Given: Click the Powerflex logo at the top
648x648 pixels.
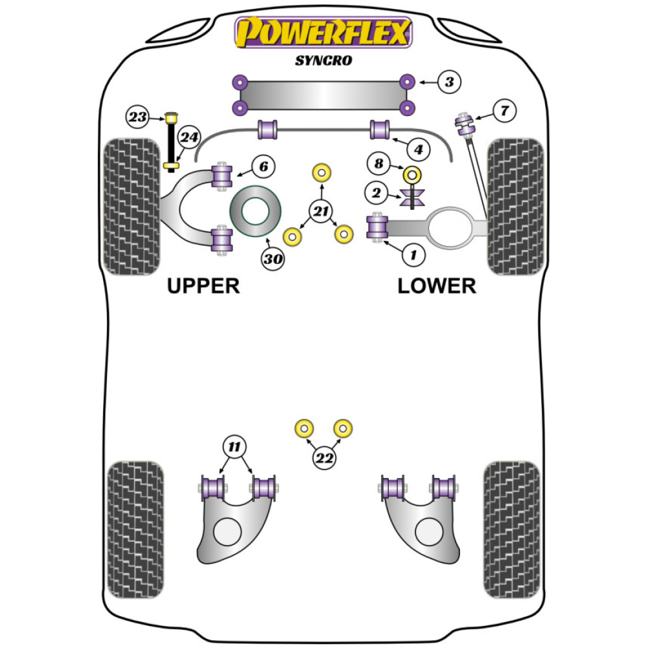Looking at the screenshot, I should click(323, 32).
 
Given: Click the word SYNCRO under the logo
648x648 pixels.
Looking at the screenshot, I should click(323, 61).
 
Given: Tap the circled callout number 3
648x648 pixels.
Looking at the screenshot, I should click(448, 82).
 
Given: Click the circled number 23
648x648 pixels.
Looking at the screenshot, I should click(137, 117).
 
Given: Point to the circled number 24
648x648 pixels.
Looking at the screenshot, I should click(189, 137).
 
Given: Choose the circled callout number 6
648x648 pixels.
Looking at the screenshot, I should click(262, 167).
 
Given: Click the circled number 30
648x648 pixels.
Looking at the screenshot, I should click(273, 259).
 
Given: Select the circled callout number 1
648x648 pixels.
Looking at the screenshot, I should click(412, 255).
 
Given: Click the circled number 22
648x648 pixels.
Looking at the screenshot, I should click(324, 458).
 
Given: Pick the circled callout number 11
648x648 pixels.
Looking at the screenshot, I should click(235, 446).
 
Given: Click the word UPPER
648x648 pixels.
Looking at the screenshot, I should click(203, 286).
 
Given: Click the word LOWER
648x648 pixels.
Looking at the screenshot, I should click(437, 286).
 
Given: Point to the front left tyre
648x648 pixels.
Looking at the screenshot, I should click(132, 206).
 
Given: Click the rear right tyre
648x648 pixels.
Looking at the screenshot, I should click(512, 529).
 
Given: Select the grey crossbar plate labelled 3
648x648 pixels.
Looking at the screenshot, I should click(323, 95).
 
